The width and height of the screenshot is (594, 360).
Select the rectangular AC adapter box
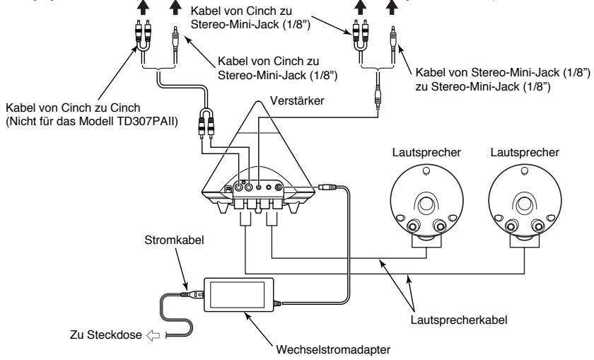coord(238,294)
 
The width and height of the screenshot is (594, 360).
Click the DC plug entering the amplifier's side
coord(325,188)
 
